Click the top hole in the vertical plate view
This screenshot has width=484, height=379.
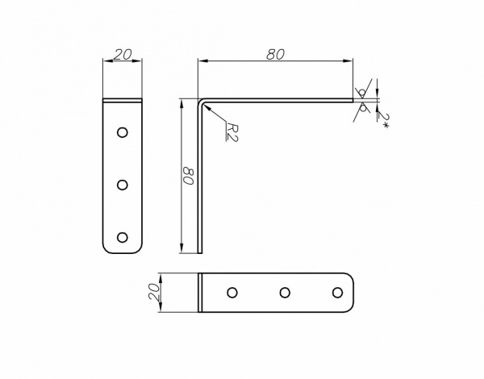coord(122,131)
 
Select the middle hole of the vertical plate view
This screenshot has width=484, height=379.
coord(122,185)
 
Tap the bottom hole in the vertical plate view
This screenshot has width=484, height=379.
coord(122,237)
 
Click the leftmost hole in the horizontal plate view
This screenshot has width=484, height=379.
coord(232,292)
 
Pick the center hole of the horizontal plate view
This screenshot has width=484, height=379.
coord(285,292)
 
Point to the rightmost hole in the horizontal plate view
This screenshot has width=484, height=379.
coord(337,292)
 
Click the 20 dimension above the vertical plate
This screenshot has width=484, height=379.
coord(123,54)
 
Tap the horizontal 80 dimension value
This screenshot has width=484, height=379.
coord(276,54)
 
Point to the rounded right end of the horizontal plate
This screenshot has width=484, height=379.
coord(351,292)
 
